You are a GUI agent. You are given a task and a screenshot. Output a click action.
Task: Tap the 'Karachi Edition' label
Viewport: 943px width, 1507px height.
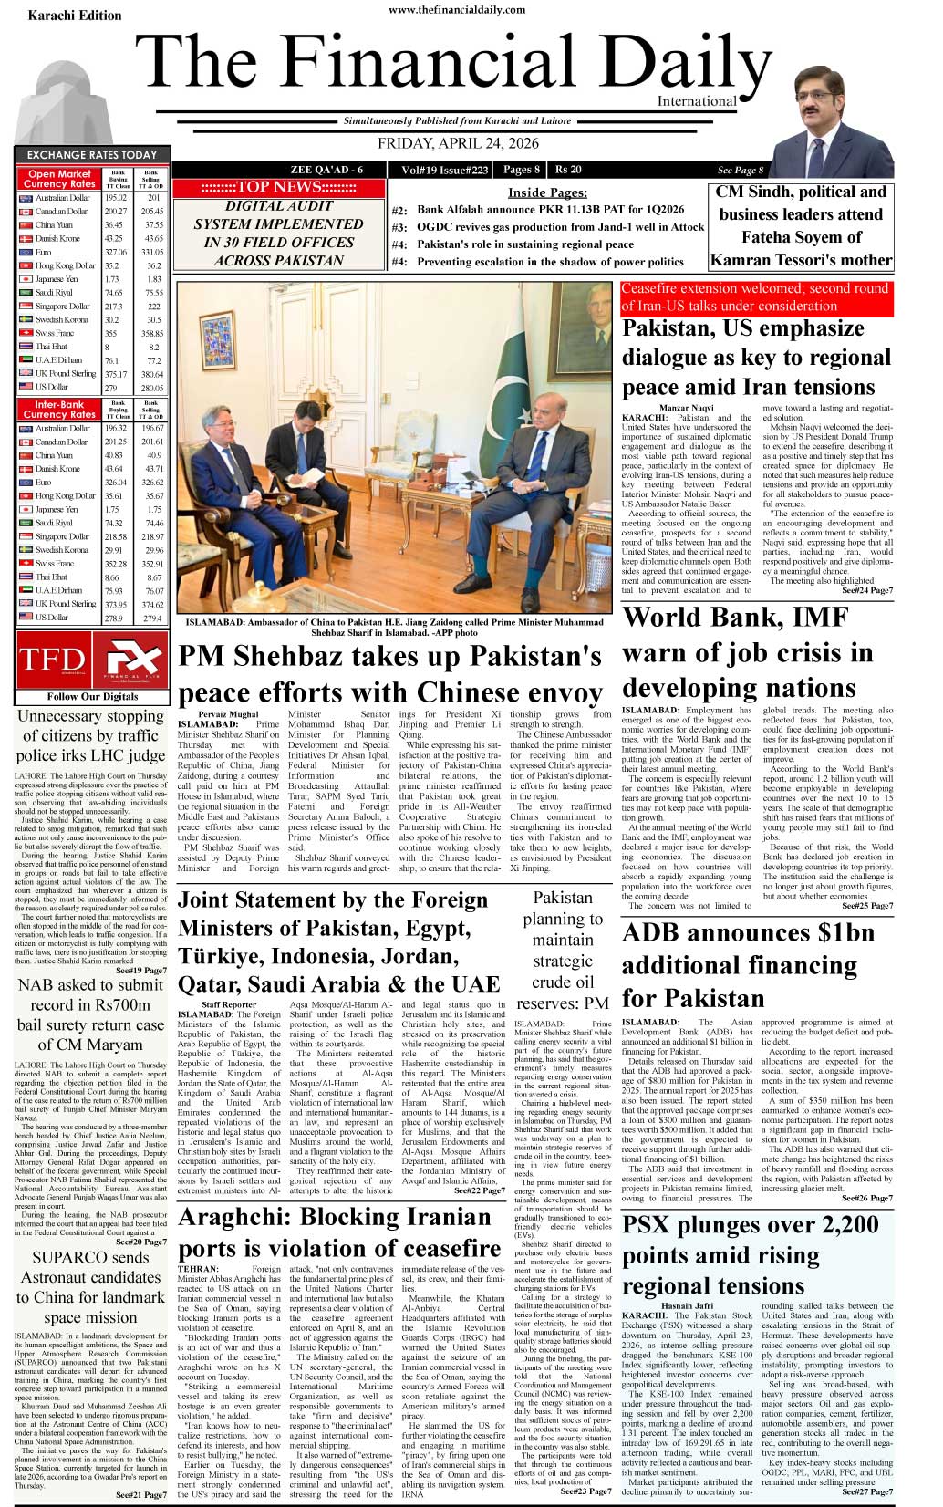coord(75,16)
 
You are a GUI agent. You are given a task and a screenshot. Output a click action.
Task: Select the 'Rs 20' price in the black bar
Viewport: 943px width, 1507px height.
coord(568,170)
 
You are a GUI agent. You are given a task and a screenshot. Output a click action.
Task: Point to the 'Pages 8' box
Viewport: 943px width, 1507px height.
coord(521,170)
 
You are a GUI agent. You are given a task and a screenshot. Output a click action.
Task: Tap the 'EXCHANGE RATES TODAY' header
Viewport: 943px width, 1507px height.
coord(91,155)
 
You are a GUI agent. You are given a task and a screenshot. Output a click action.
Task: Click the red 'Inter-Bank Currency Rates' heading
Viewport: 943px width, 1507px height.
coord(59,408)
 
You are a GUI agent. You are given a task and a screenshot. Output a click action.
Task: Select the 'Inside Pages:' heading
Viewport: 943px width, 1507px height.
coord(547,192)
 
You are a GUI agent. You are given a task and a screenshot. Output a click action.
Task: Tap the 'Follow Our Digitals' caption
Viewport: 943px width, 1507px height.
coord(93,696)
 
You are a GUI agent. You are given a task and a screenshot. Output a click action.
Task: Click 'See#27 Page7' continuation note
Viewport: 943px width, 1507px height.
coord(866,1491)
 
